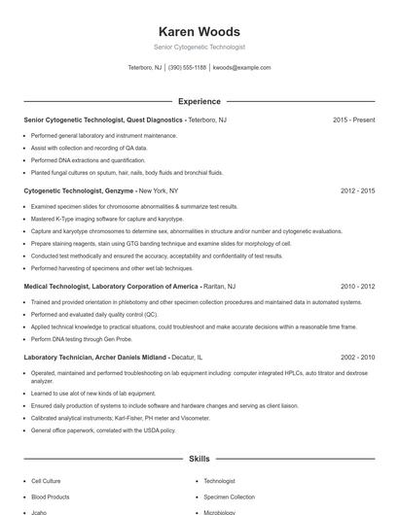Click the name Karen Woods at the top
(199, 31)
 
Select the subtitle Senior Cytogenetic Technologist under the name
(199, 47)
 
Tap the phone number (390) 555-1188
(187, 68)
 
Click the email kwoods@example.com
(241, 68)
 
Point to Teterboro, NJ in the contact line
(145, 68)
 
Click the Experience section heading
(199, 101)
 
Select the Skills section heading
(199, 457)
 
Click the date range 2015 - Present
(353, 120)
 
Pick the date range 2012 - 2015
(357, 191)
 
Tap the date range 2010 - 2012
(357, 287)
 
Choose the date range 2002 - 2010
(357, 358)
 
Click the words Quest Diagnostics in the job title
(155, 120)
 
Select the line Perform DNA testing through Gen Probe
(81, 339)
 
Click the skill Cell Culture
(46, 481)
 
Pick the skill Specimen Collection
(230, 497)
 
